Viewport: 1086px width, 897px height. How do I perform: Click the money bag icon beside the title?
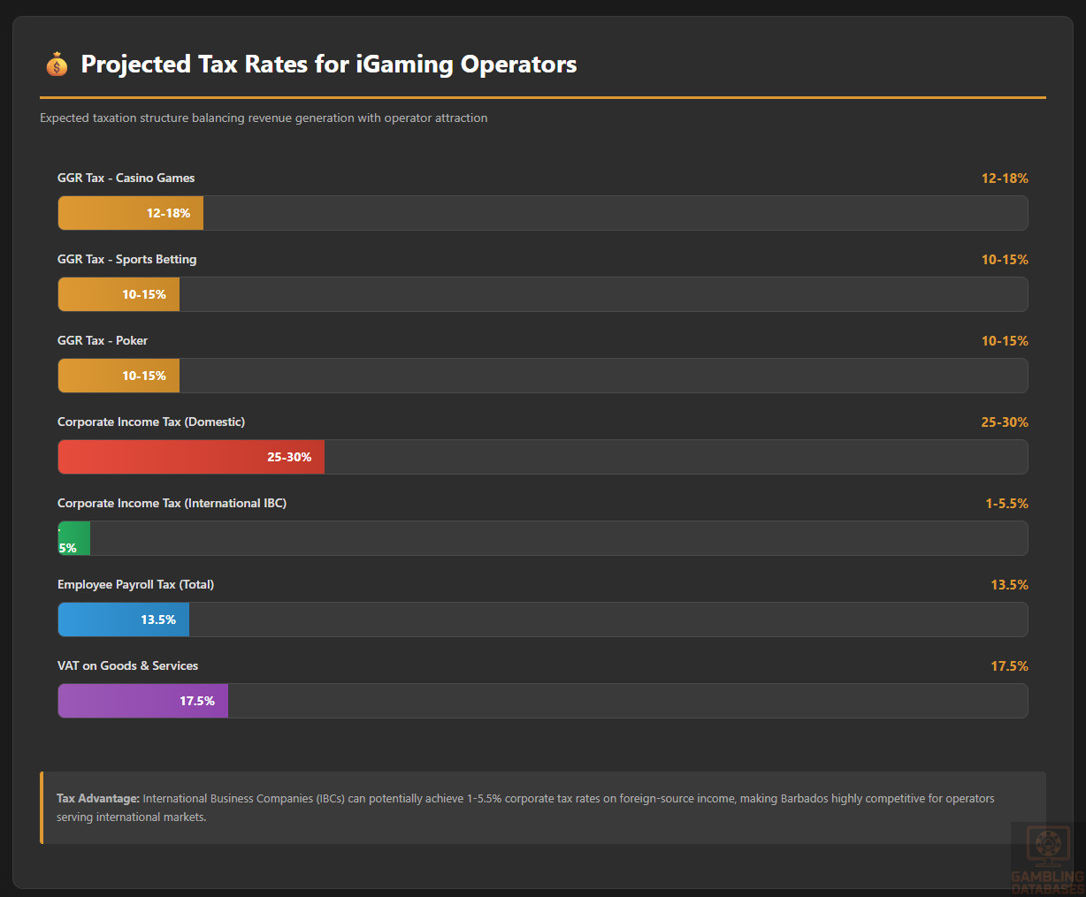pos(57,65)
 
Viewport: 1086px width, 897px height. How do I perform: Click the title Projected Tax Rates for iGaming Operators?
pos(328,65)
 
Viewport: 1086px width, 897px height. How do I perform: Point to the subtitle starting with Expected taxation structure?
pos(264,118)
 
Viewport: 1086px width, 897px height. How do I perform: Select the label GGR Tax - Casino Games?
pos(126,179)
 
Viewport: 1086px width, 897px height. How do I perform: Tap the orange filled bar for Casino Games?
pos(130,213)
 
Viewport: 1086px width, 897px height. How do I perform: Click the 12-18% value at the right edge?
pos(1004,179)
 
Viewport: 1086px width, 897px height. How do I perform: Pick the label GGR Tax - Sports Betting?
pos(126,260)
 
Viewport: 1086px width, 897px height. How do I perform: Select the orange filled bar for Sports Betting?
pos(119,294)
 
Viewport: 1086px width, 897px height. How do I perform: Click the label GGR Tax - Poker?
pos(103,341)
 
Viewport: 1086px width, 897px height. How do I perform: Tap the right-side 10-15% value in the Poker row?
pos(1004,341)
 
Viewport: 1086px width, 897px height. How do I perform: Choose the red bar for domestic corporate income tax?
pos(191,457)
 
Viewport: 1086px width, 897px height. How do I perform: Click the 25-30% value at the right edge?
pos(1004,422)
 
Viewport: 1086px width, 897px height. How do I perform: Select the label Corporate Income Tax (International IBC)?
pos(172,504)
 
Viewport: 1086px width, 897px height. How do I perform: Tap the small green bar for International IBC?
pos(74,538)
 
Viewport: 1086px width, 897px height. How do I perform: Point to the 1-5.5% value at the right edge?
pos(1006,504)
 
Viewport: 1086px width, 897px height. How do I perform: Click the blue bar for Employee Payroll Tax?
pos(123,620)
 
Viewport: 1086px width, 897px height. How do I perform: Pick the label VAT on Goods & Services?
pos(127,666)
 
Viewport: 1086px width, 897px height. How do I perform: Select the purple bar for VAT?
pos(142,701)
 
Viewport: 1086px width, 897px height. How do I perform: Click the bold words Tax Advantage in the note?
pos(98,799)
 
